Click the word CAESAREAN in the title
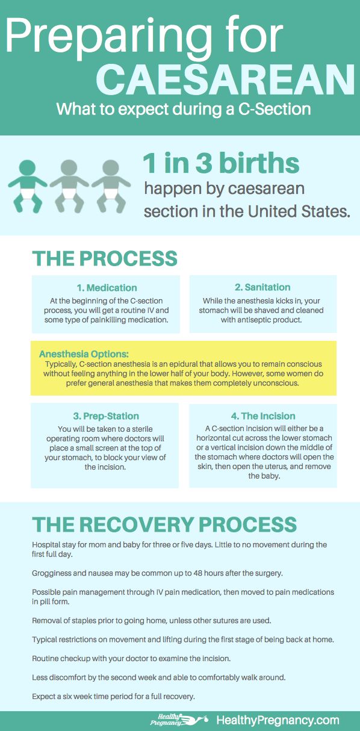(x=226, y=79)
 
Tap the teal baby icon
(x=28, y=185)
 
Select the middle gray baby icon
(x=69, y=185)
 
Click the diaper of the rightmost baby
(x=111, y=193)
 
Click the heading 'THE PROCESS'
(x=104, y=258)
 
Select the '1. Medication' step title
(x=107, y=288)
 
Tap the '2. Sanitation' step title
(x=262, y=287)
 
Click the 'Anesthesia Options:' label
(x=84, y=353)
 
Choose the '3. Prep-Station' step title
(x=106, y=416)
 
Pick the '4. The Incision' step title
(x=263, y=416)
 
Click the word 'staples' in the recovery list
(x=83, y=621)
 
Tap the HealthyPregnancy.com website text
(x=278, y=720)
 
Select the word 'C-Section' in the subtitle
(x=274, y=109)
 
